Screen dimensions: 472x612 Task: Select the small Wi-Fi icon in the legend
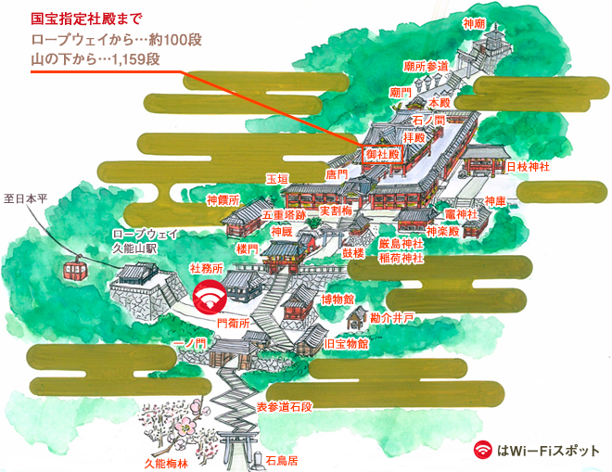[x=482, y=450]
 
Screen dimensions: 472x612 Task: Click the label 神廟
[x=474, y=23]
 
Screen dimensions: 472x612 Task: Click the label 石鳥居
[x=283, y=459]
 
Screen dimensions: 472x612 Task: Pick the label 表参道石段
[x=284, y=406]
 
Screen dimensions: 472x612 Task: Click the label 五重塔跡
[x=284, y=214]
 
